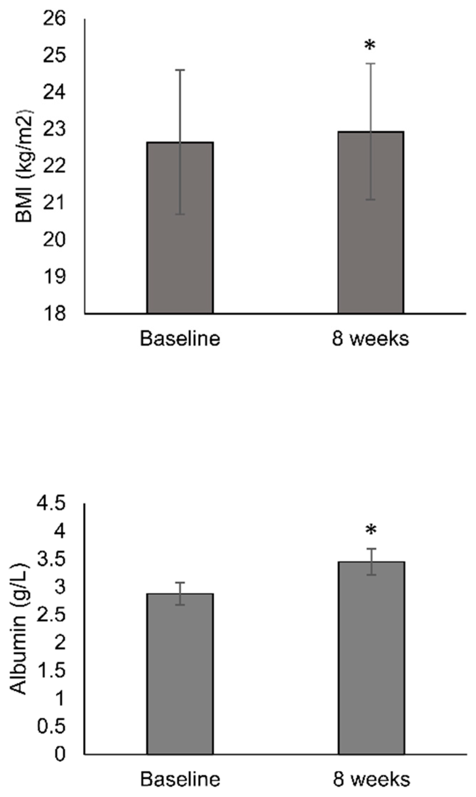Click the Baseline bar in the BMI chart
pyautogui.click(x=180, y=248)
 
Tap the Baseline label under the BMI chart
pyautogui.click(x=180, y=339)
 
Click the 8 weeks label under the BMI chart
pyautogui.click(x=371, y=339)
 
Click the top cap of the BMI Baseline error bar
pyautogui.click(x=180, y=70)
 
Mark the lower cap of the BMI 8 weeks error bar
pyautogui.click(x=371, y=200)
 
